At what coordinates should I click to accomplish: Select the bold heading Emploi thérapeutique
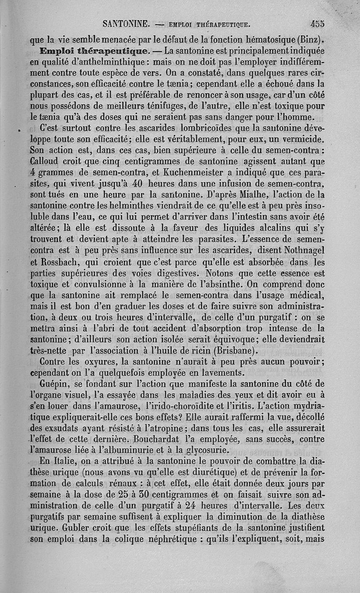(97, 51)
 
